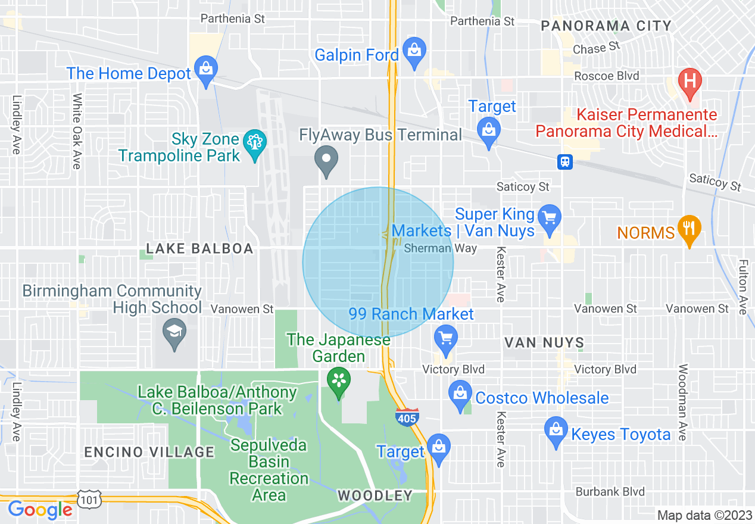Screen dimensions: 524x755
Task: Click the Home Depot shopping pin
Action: click(206, 70)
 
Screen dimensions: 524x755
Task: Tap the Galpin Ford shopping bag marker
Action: click(414, 52)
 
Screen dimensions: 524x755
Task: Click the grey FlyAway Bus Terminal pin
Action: click(326, 160)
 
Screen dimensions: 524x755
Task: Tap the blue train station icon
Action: click(564, 161)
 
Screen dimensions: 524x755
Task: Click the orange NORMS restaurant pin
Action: click(689, 229)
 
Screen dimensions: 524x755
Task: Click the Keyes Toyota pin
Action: click(556, 431)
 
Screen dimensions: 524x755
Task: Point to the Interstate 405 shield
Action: click(407, 417)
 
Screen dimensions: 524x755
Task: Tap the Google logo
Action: click(40, 510)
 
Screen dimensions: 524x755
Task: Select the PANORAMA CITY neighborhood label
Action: click(606, 26)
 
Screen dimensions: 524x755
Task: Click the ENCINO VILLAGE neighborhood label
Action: click(149, 452)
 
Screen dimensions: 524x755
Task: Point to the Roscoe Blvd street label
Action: click(606, 76)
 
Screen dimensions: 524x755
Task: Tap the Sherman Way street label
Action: click(440, 248)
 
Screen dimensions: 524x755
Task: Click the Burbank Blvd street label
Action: click(610, 492)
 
